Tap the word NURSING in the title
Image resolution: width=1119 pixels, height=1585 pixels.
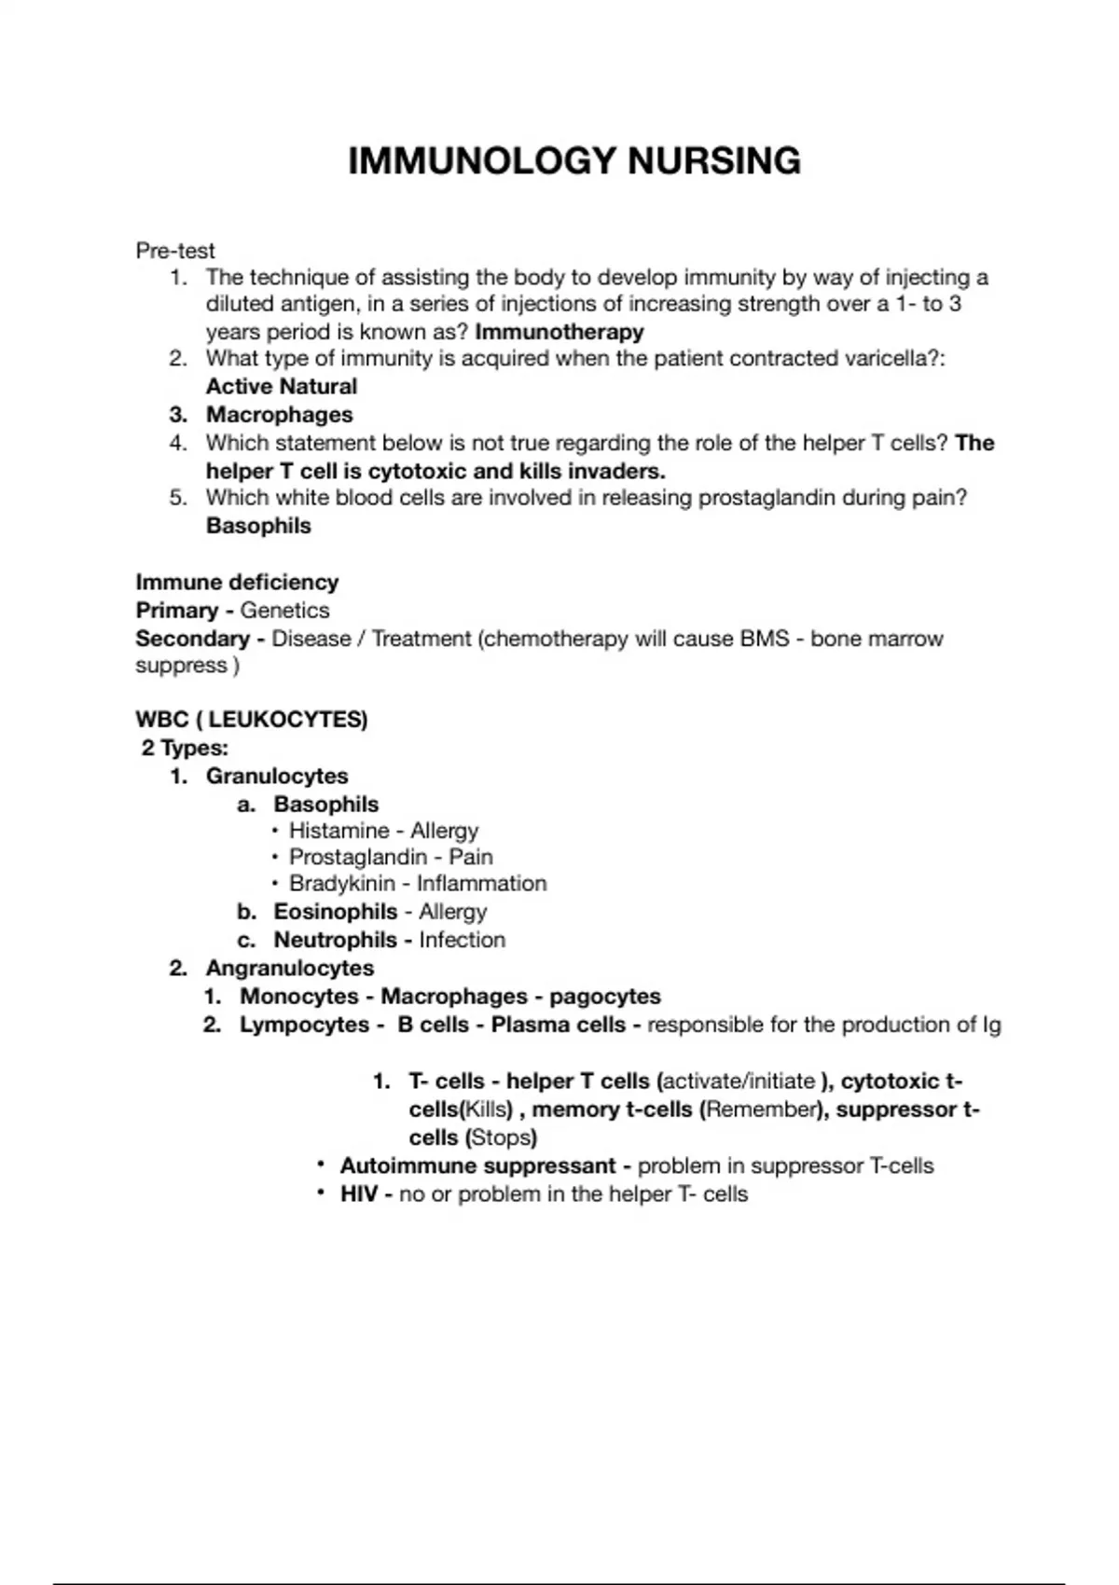[x=713, y=161]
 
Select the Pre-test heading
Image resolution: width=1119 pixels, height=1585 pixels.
[x=175, y=251]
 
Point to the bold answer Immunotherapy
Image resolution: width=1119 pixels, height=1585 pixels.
[x=559, y=332]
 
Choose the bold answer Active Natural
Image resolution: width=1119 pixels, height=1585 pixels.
[x=281, y=387]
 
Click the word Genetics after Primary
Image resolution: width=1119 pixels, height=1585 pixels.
[x=284, y=611]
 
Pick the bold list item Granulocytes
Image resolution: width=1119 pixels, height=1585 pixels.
[x=277, y=776]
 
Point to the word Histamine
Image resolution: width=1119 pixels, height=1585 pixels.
[x=339, y=831]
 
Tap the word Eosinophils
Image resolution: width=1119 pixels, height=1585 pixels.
[x=336, y=912]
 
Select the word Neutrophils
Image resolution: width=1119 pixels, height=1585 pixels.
[x=336, y=940]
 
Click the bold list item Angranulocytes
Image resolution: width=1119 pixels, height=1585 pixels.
[x=290, y=968]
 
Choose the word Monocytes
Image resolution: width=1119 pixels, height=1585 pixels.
[x=299, y=997]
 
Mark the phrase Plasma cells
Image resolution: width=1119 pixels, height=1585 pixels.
[x=559, y=1025]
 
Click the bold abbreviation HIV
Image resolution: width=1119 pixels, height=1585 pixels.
[x=359, y=1194]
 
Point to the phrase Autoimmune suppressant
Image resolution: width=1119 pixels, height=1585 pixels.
[x=477, y=1166]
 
